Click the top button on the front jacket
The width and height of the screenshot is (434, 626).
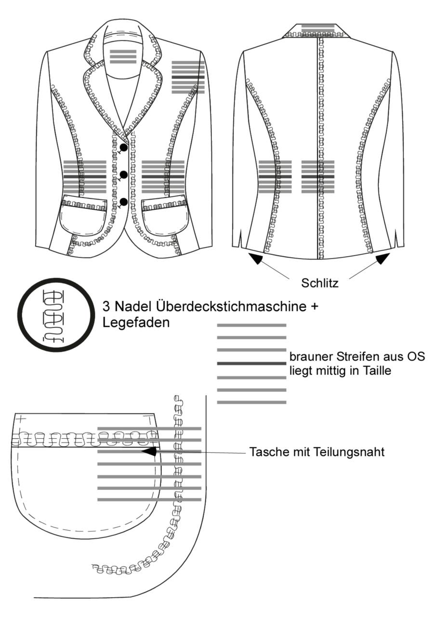click(124, 147)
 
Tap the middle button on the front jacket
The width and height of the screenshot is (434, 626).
click(124, 175)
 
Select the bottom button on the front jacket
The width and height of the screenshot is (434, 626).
click(124, 202)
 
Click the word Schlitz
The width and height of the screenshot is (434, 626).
click(320, 283)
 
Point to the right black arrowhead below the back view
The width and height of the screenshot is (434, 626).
click(383, 258)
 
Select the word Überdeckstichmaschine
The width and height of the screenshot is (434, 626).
click(232, 306)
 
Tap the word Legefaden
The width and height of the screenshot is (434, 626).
click(136, 323)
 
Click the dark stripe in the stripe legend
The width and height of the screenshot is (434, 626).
click(251, 364)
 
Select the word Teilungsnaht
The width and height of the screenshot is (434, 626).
click(349, 452)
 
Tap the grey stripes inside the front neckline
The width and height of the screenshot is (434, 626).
click(123, 57)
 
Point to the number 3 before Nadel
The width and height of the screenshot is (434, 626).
click(105, 307)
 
